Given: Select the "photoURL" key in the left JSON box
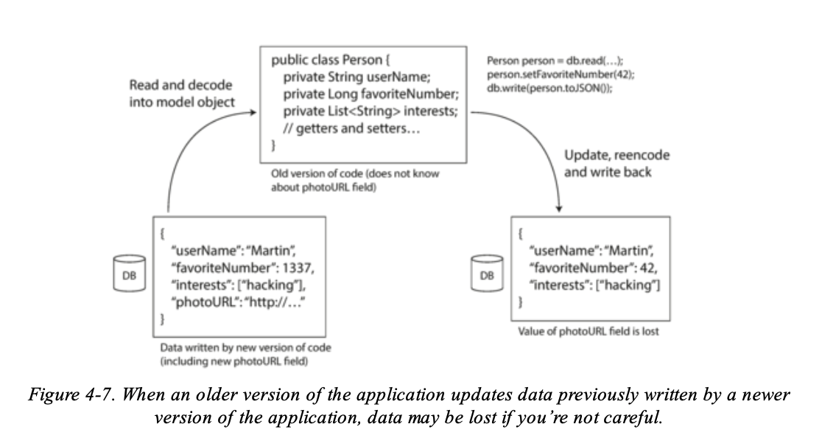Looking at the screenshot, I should [200, 303].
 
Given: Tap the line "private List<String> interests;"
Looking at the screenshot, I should [365, 112].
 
